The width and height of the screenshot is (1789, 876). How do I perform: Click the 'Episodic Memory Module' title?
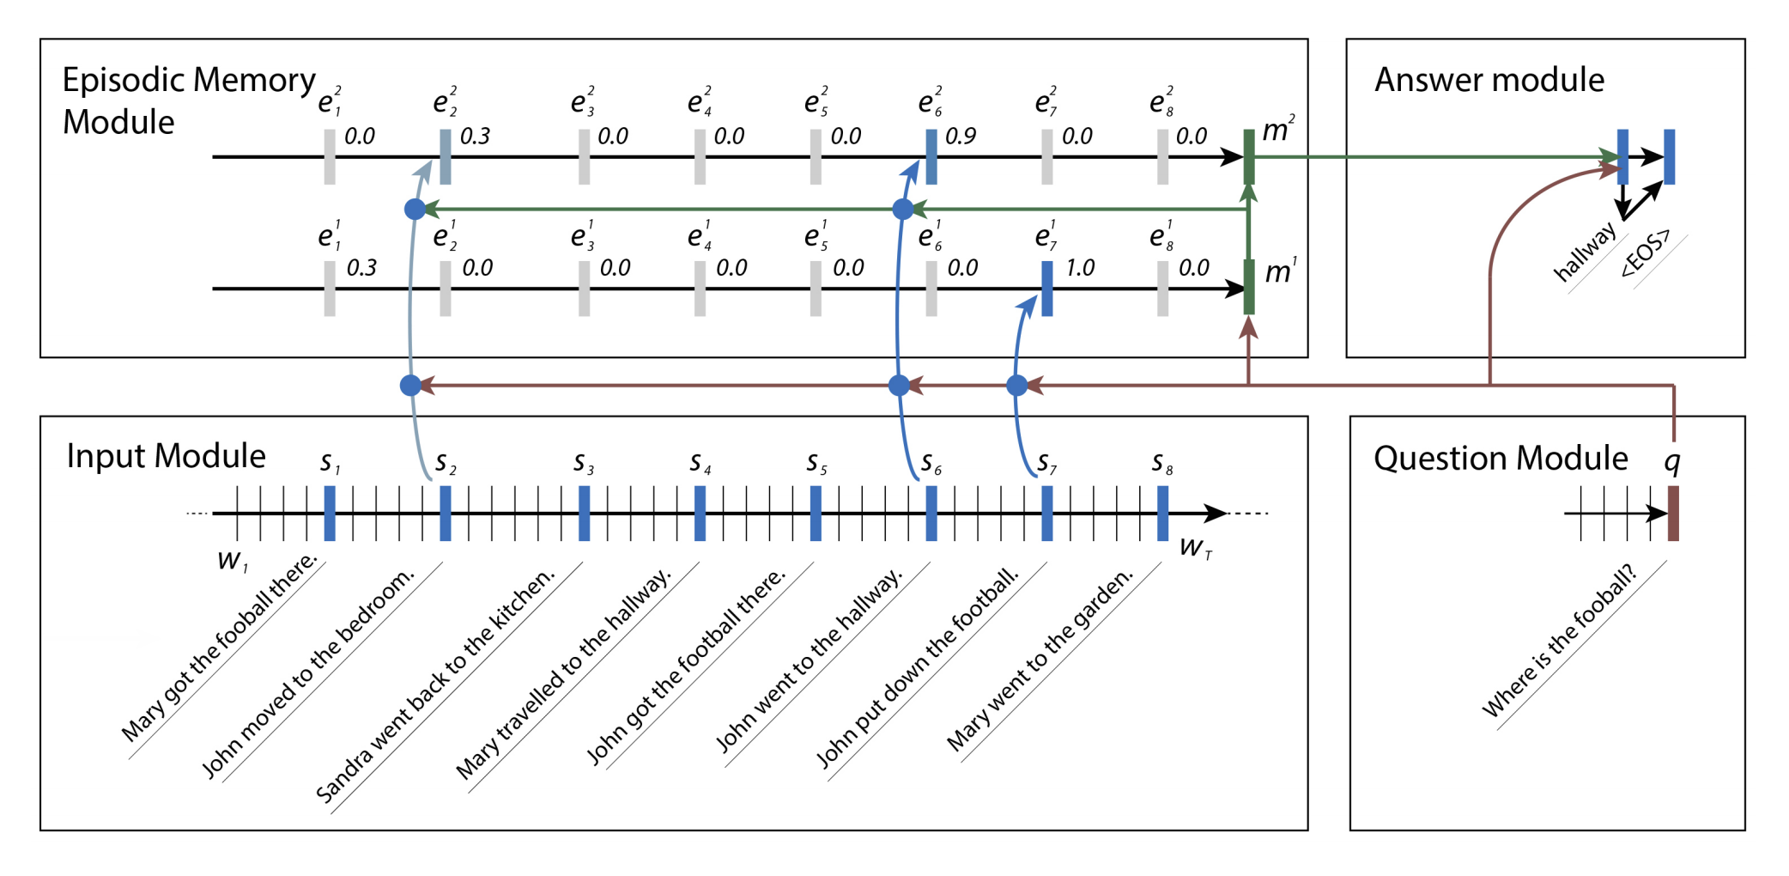point(188,100)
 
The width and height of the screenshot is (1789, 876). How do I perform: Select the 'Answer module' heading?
point(1489,80)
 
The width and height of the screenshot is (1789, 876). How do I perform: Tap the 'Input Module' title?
point(166,456)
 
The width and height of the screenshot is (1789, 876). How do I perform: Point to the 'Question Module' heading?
point(1501,459)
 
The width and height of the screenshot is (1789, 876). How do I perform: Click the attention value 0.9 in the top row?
point(961,137)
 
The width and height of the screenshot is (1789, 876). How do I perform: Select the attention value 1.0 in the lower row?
point(1080,268)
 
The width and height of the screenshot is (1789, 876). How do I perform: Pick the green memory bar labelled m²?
point(1249,156)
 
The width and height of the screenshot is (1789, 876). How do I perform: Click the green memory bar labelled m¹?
point(1249,287)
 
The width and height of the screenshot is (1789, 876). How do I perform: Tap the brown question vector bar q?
point(1672,513)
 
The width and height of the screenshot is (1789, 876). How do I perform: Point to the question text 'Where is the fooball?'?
point(1560,641)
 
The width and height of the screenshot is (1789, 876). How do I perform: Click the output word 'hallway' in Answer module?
point(1585,252)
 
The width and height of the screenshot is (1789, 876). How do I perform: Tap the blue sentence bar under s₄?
point(700,513)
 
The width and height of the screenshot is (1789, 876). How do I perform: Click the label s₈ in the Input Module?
point(1161,463)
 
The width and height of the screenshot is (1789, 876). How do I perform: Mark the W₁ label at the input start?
point(232,561)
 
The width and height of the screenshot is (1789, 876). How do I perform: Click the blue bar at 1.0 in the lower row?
point(1047,288)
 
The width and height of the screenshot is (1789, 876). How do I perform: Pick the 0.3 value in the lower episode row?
point(361,268)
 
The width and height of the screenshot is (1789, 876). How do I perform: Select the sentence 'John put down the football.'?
point(917,667)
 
